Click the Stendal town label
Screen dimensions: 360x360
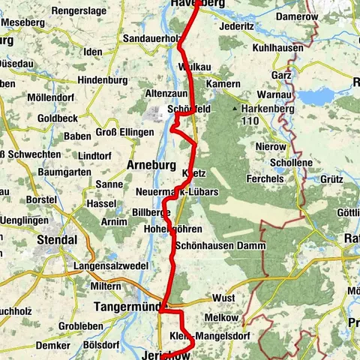coord(57,241)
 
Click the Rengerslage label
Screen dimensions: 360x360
coord(78,11)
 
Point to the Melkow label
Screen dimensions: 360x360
coord(228,319)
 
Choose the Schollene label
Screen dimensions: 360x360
coord(274,163)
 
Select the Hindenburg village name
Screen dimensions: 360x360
coord(103,79)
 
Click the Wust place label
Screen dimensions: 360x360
coord(223,298)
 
